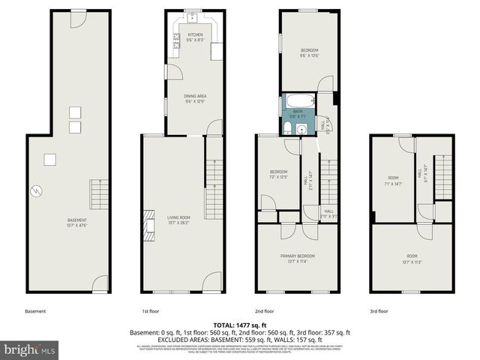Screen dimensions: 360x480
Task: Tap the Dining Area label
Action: [195, 98]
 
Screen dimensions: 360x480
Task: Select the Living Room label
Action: [178, 219]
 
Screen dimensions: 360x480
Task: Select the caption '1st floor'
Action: [151, 311]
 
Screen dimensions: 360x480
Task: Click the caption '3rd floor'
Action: [378, 311]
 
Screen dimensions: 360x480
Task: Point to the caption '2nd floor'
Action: [264, 311]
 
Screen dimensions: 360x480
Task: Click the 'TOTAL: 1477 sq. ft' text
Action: [239, 323]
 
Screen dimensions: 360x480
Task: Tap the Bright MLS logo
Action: [28, 349]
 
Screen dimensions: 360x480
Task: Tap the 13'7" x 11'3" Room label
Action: [412, 258]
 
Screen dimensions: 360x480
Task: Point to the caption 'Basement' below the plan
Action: [35, 311]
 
